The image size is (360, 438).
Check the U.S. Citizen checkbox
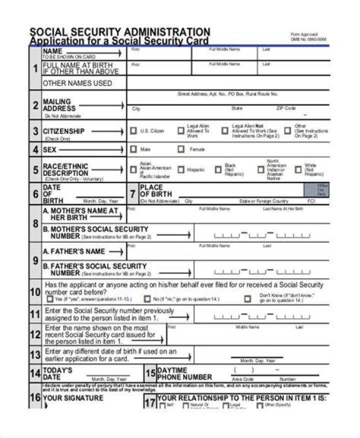tap(133, 131)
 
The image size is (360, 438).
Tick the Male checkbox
tap(133, 149)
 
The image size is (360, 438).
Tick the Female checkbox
tap(181, 149)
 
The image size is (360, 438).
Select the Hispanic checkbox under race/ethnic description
tap(181, 170)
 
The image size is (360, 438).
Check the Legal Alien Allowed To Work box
tap(181, 131)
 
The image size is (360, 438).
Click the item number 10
tap(35, 292)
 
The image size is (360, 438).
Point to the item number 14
tap(35, 373)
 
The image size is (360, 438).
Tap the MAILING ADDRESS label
tap(59, 105)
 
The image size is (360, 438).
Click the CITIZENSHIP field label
tap(63, 131)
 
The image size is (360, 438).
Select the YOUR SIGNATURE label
tap(73, 398)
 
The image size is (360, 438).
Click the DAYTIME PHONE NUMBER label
tap(184, 373)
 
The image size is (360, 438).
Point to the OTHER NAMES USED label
tap(77, 83)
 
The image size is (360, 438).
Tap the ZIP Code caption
tap(286, 108)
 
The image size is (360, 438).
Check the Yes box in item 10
tap(49, 299)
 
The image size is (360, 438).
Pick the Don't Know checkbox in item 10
tap(247, 299)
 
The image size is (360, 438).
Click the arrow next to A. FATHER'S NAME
tap(116, 252)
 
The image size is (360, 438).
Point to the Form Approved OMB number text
tap(308, 37)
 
